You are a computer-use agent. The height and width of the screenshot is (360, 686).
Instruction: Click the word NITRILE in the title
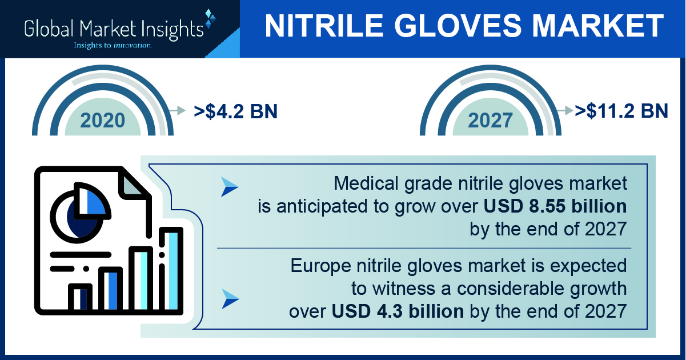pos(324,26)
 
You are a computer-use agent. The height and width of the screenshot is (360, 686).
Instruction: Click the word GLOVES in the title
pos(458,26)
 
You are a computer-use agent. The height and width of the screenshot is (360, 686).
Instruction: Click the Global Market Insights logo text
pos(114,29)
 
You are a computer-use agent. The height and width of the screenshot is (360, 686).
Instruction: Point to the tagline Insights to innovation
pos(113,45)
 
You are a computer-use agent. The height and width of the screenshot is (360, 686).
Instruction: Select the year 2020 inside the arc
pos(103,120)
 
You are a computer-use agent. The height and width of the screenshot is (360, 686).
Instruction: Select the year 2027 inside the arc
pos(490,120)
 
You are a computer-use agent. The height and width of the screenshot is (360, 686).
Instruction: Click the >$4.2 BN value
pos(235,111)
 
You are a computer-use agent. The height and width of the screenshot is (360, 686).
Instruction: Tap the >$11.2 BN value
pos(621,111)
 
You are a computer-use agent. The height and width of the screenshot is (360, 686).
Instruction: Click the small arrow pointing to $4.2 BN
pos(177,110)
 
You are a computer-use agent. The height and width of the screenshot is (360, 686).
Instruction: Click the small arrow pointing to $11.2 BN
pos(565,110)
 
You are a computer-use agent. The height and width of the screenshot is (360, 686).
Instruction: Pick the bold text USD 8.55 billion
pos(555,206)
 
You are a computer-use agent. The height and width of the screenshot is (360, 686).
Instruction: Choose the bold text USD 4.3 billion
pos(398,311)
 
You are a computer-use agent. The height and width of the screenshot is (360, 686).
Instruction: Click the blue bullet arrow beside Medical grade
pos(230,187)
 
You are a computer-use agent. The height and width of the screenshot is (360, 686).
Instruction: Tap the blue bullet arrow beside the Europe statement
pos(230,299)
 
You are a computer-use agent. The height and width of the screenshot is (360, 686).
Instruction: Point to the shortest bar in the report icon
pos(80,297)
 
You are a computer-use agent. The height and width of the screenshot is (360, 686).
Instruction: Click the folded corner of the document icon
pos(132,184)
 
